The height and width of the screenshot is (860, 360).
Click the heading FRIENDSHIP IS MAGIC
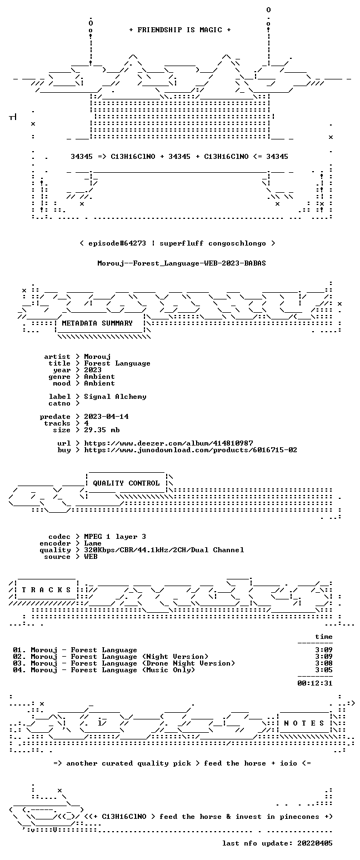pyautogui.click(x=180, y=30)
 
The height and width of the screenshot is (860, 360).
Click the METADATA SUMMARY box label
pyautogui.click(x=97, y=323)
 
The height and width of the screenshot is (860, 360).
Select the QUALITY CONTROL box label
pyautogui.click(x=126, y=483)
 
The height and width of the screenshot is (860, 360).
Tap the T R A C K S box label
pyautogui.click(x=47, y=589)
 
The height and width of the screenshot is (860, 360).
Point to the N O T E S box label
pyautogui.click(x=304, y=723)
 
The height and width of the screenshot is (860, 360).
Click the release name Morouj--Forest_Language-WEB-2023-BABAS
pyautogui.click(x=182, y=263)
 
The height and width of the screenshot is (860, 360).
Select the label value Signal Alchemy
pyautogui.click(x=115, y=397)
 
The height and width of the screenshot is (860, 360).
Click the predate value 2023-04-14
pyautogui.click(x=106, y=417)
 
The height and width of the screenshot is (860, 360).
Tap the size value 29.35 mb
pyautogui.click(x=102, y=430)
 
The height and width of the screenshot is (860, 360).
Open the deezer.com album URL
pyautogui.click(x=168, y=443)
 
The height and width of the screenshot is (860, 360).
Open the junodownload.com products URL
pyautogui.click(x=191, y=450)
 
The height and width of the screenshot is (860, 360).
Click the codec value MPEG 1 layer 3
pyautogui.click(x=115, y=537)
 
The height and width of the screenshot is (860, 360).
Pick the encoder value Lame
pyautogui.click(x=93, y=543)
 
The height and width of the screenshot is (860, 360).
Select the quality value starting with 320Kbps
pyautogui.click(x=164, y=550)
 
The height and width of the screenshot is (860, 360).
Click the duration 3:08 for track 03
pyautogui.click(x=324, y=663)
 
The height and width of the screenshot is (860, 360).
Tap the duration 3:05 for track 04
pyautogui.click(x=324, y=670)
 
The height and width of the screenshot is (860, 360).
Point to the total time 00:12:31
pyautogui.click(x=314, y=683)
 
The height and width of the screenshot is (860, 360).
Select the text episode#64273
pyautogui.click(x=117, y=243)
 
